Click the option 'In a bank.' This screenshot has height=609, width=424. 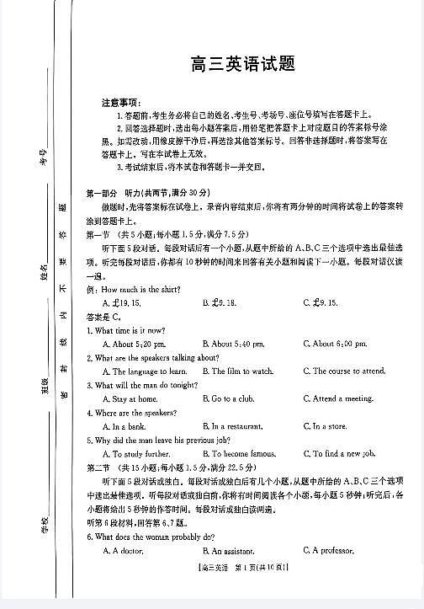point(125,426)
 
